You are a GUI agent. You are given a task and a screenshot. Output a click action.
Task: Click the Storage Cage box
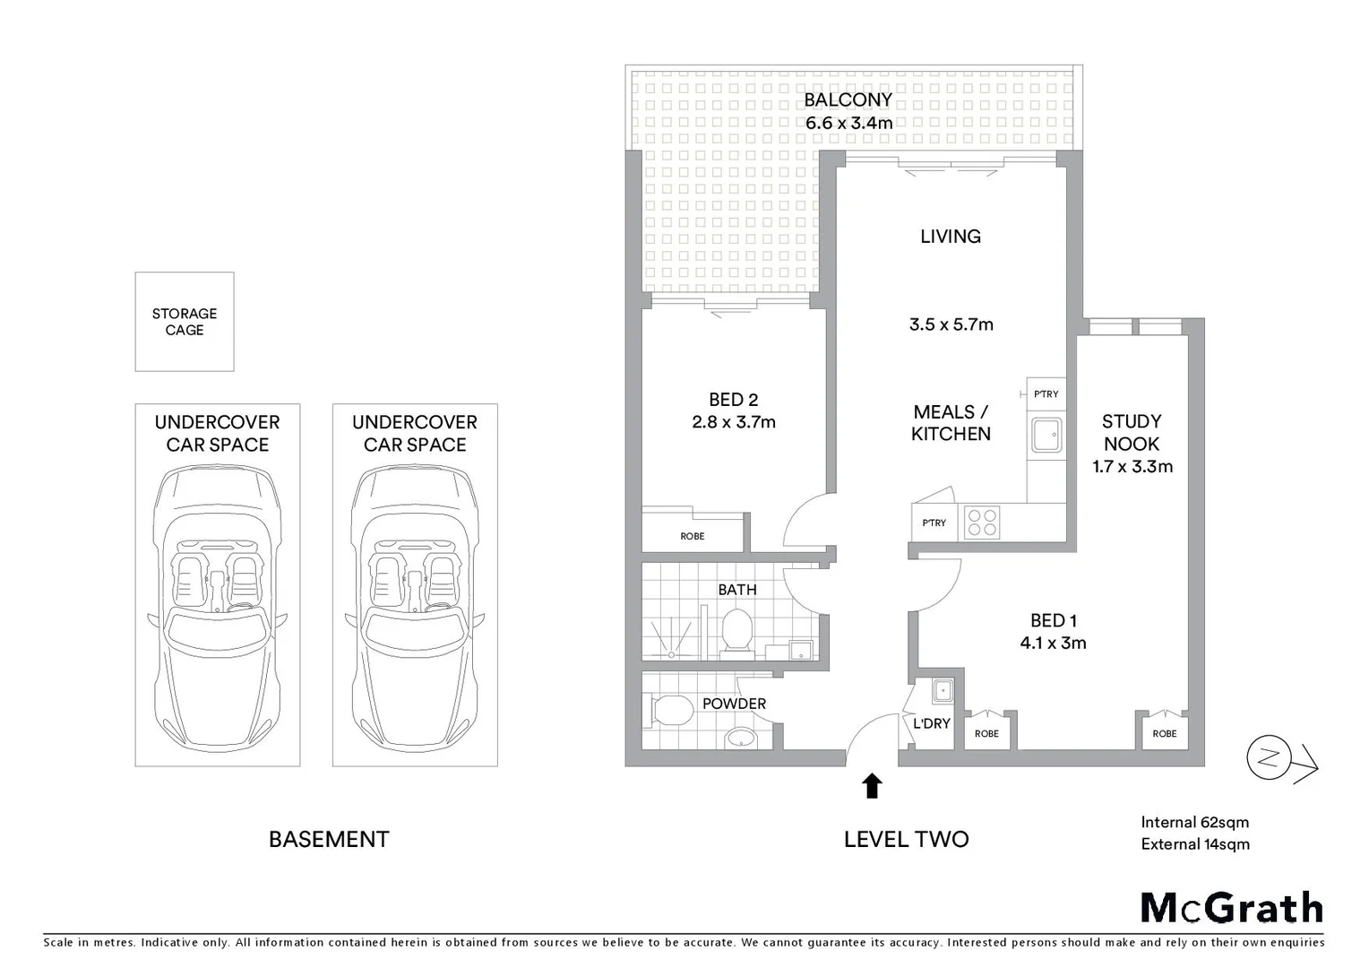(185, 322)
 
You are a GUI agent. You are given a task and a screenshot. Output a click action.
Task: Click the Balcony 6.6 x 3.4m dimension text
(848, 124)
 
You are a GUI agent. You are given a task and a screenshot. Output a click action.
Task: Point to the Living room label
(951, 237)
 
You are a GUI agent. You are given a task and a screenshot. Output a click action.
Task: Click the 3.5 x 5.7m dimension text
(951, 324)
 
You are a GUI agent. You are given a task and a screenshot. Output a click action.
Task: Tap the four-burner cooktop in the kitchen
(982, 523)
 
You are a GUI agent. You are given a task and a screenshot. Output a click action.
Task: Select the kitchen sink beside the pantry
(1046, 436)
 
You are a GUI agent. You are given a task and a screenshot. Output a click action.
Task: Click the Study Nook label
(1132, 432)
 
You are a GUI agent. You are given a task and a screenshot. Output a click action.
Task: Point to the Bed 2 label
(733, 400)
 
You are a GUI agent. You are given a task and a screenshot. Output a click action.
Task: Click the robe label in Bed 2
(693, 536)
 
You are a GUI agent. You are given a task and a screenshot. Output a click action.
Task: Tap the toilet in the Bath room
(736, 629)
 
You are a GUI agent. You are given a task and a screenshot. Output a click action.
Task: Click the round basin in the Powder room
(740, 738)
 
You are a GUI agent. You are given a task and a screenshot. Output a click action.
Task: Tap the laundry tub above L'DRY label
(942, 690)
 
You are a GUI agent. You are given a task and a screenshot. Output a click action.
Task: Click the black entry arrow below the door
(872, 786)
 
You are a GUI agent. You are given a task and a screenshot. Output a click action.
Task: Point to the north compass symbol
(1268, 758)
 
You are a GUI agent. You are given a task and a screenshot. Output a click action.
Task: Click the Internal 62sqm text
(1194, 822)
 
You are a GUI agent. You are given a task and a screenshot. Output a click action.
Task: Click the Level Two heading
(906, 840)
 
